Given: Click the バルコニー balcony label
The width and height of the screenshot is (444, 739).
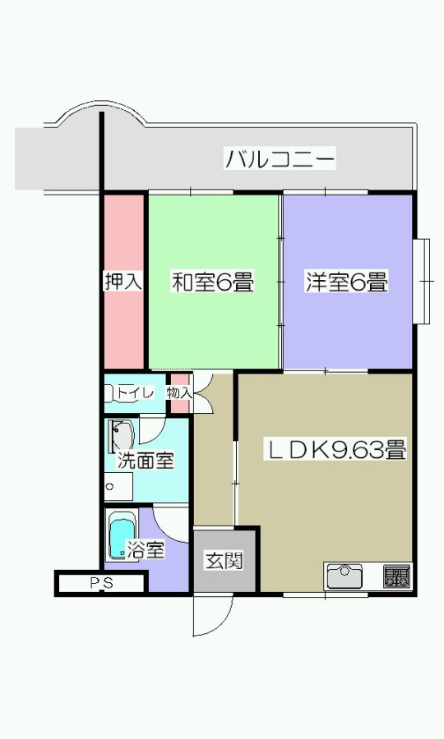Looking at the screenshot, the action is [280, 158].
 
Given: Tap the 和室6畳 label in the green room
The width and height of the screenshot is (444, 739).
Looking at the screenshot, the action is [212, 282].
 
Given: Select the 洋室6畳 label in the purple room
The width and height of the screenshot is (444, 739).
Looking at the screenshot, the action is [347, 282].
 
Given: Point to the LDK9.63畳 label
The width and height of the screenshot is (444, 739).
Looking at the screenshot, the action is [335, 450].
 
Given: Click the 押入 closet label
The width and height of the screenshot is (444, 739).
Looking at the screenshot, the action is [123, 282].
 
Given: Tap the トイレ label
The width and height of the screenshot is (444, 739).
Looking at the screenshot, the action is [136, 392].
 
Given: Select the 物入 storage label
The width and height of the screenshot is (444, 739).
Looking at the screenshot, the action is [179, 392].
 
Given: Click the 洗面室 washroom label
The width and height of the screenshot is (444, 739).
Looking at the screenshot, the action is [146, 460].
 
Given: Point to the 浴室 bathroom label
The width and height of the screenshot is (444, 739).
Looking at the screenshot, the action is [146, 549].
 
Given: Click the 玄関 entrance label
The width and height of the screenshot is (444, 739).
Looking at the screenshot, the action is [224, 561].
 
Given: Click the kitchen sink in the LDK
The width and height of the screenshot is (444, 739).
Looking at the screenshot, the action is [345, 576].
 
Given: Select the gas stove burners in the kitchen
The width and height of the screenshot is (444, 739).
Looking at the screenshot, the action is [396, 576].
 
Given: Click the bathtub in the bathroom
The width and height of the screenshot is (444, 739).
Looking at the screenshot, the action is [123, 535].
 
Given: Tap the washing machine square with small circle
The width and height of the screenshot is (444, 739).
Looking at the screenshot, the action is [118, 486].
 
